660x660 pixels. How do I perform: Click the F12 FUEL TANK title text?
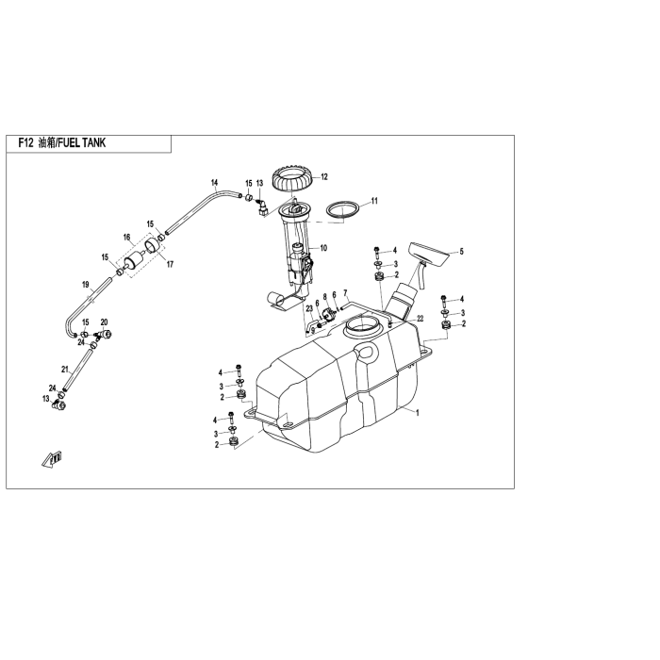tap(62, 143)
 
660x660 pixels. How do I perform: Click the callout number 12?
tap(324, 177)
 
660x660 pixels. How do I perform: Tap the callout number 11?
tap(374, 201)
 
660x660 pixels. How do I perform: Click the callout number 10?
tap(323, 248)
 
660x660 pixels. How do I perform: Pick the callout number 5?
tap(461, 252)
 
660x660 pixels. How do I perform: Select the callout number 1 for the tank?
tap(417, 413)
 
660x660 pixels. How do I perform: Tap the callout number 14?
tap(215, 183)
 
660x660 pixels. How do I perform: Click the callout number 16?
tap(126, 238)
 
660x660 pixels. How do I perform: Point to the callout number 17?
tap(170, 264)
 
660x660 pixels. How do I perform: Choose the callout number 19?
tap(86, 285)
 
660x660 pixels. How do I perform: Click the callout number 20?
tap(104, 322)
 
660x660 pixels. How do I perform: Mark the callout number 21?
tap(65, 370)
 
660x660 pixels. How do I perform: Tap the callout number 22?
tap(421, 319)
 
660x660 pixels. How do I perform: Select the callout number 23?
tap(309, 308)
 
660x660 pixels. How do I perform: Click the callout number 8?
tap(324, 297)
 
